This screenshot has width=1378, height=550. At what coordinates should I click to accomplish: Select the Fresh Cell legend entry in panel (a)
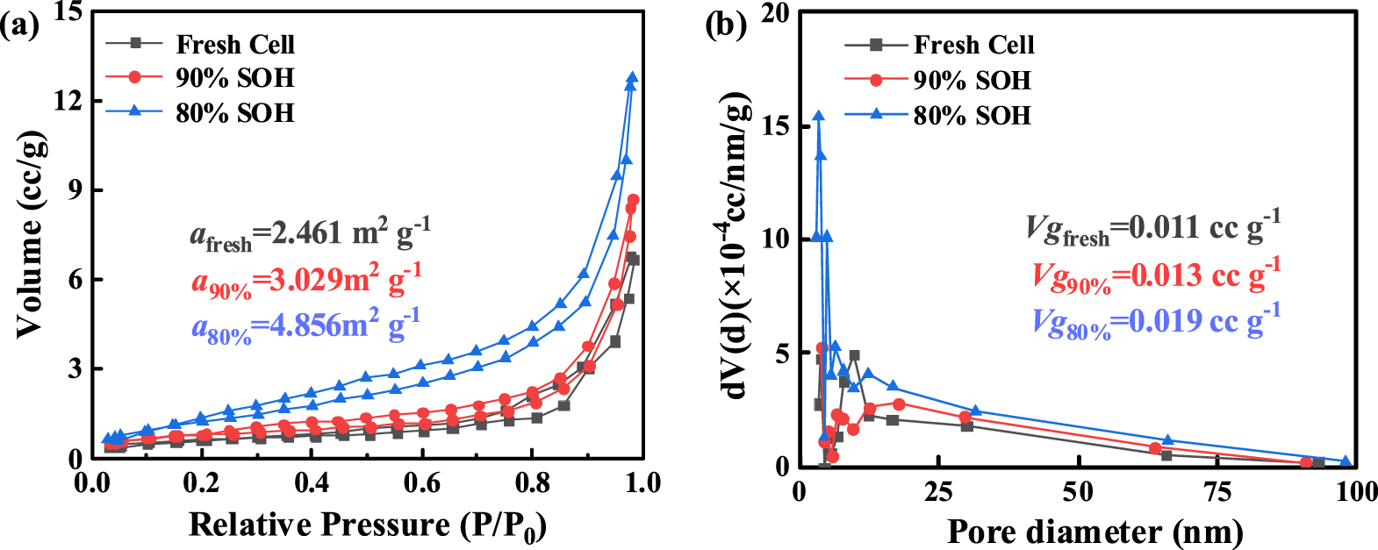[234, 44]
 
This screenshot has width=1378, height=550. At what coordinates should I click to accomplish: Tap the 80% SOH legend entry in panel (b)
[972, 115]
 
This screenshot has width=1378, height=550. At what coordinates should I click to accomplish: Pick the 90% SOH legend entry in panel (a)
[234, 77]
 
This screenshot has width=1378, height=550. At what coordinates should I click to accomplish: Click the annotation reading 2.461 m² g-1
[310, 233]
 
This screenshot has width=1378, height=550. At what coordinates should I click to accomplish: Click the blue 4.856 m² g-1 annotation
[306, 326]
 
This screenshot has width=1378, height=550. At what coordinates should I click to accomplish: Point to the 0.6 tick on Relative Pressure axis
[422, 483]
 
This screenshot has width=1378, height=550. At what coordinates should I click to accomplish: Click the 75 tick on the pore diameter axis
[1217, 491]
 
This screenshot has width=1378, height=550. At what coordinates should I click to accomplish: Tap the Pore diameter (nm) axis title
[1095, 532]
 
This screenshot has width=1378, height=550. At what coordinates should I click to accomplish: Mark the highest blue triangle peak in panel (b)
[818, 117]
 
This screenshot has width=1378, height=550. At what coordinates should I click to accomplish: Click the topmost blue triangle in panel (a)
[632, 78]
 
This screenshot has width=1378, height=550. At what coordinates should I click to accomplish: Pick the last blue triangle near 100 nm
[1346, 461]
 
